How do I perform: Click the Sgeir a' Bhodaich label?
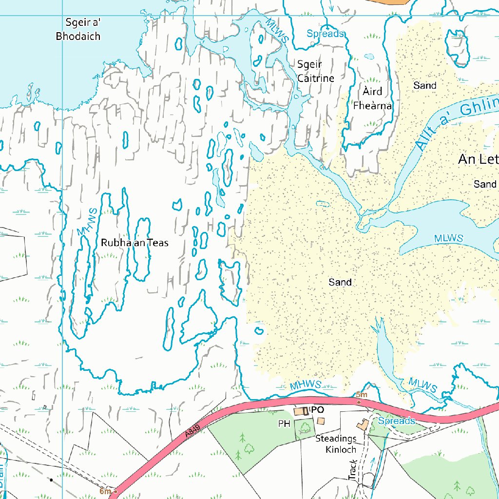[78, 29]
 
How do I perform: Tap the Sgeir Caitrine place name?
[316, 71]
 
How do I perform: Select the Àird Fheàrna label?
[373, 98]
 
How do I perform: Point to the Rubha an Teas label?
[134, 243]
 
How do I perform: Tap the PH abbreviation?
[284, 424]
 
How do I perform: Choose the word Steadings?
[336, 439]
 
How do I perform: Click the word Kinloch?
[341, 450]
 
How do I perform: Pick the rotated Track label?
[353, 470]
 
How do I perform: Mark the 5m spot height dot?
[359, 403]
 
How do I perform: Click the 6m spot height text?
[104, 491]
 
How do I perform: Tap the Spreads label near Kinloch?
[396, 421]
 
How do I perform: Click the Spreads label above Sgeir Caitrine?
[325, 34]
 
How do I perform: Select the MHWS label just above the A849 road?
[306, 385]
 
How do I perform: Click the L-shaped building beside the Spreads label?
[363, 425]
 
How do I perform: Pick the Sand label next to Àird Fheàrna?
[424, 86]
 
